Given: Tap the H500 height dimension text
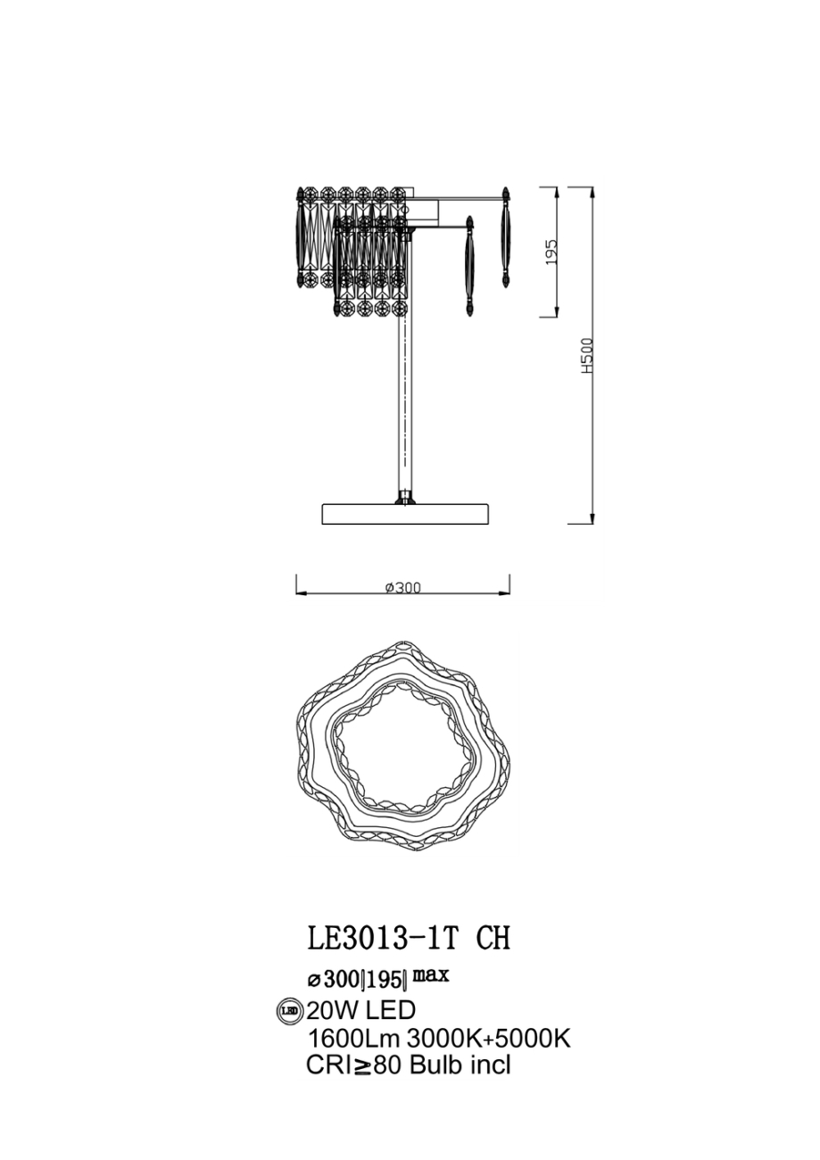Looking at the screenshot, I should (x=586, y=355).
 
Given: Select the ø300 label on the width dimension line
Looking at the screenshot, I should (x=402, y=587).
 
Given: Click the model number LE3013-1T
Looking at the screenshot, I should (x=382, y=939).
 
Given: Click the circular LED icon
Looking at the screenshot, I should (x=290, y=1011).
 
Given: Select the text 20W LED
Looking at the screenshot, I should (x=360, y=1011).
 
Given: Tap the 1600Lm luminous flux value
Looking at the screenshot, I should (x=353, y=1038).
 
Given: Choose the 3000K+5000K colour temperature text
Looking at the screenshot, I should (x=488, y=1038).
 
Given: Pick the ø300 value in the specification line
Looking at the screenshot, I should (x=332, y=980).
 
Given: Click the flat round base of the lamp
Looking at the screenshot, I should (x=405, y=514).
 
